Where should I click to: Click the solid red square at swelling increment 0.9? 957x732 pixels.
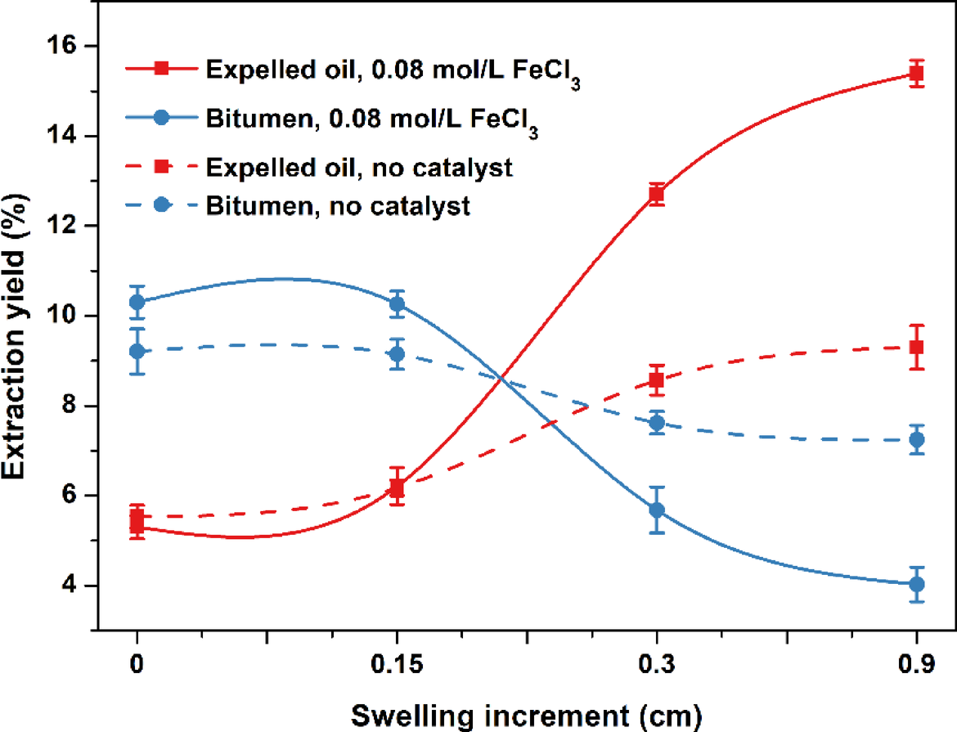916,74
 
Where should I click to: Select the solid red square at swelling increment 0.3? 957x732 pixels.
656,195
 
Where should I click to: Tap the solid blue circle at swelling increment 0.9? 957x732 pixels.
916,584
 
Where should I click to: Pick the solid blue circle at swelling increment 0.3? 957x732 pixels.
656,510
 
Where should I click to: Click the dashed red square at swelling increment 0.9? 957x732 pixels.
916,347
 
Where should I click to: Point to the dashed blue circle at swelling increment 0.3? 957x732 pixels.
656,423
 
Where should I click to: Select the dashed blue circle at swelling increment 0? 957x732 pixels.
137,351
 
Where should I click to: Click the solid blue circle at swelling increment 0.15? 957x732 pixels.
397,303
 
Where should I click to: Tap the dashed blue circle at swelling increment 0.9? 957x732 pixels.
916,439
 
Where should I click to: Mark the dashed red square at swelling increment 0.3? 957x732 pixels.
656,379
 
